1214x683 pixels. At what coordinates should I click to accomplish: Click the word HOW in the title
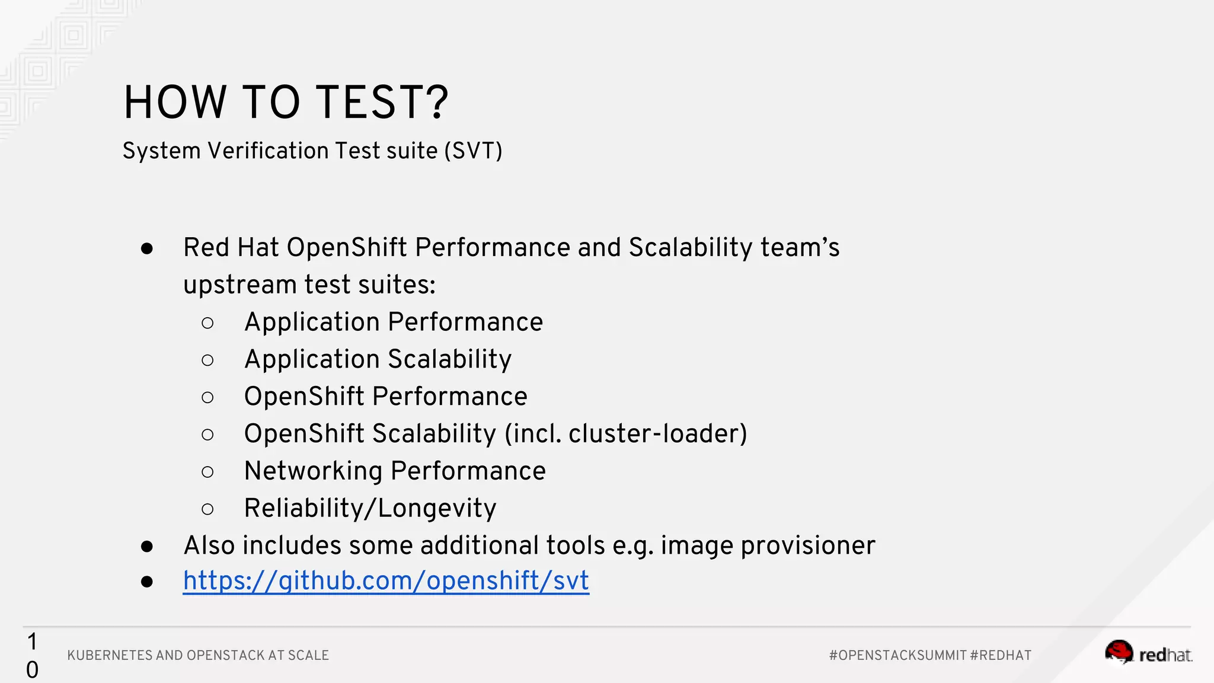(x=175, y=103)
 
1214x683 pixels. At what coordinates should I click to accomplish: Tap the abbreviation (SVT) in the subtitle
(x=473, y=151)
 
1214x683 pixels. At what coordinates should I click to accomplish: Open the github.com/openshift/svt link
(x=386, y=580)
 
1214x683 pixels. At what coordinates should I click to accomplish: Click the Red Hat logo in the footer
(x=1148, y=653)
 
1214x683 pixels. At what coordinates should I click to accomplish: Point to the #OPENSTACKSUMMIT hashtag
(x=897, y=655)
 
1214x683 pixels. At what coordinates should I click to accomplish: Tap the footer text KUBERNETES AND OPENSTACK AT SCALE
(x=198, y=655)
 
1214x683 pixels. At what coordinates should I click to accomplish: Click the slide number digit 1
(x=32, y=641)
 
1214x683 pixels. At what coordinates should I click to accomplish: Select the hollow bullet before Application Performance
(x=207, y=323)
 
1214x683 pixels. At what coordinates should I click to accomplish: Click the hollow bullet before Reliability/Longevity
(x=207, y=509)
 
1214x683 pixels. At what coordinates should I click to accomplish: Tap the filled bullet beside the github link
(x=147, y=582)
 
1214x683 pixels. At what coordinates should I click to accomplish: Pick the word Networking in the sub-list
(x=314, y=471)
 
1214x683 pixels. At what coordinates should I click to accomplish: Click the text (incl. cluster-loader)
(x=625, y=434)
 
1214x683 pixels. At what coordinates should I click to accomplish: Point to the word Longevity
(x=437, y=509)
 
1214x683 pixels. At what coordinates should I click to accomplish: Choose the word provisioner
(x=807, y=545)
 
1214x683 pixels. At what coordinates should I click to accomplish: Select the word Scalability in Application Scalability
(x=449, y=360)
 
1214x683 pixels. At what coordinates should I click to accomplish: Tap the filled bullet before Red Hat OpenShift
(x=147, y=248)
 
